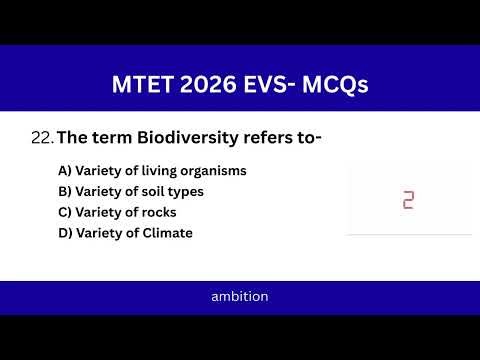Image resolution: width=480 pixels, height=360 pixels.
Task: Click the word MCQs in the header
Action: coord(342,86)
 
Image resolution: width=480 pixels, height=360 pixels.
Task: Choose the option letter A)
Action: coord(65,171)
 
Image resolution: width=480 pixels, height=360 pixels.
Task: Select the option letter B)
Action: coord(65,192)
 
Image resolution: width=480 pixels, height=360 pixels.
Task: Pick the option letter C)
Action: coord(65,213)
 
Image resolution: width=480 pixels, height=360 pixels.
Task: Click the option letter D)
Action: coord(65,234)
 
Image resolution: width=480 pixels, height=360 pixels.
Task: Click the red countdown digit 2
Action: coord(408,200)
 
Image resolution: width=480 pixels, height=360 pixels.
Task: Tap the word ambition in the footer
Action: coord(240,297)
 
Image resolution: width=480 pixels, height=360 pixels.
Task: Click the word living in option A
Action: coord(160,171)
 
